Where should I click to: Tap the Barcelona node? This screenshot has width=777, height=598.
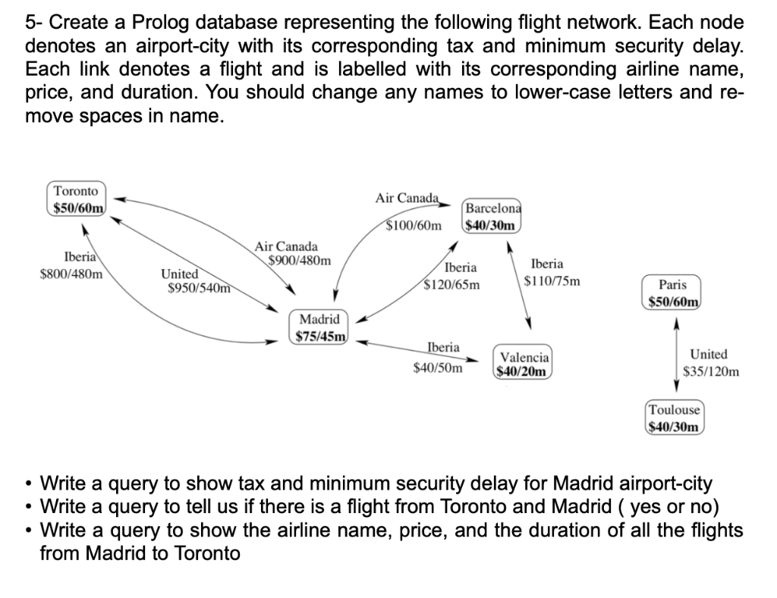tap(492, 217)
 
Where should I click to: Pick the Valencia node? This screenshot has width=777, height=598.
tap(524, 364)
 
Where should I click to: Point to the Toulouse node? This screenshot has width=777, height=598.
tap(675, 418)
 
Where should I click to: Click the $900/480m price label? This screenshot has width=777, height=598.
tap(300, 261)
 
